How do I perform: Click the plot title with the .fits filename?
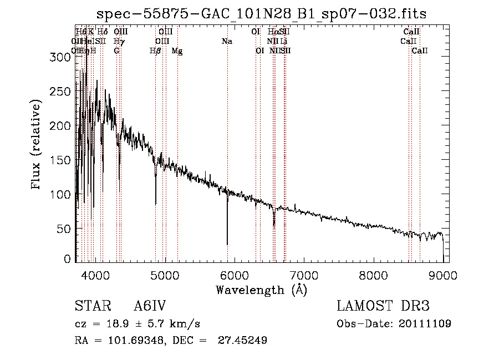[262, 14]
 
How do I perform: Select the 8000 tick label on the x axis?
[374, 276]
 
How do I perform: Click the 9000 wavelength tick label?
[443, 276]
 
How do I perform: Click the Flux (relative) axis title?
[37, 146]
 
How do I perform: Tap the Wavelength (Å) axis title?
[261, 290]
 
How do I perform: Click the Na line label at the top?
[227, 42]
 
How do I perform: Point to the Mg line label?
[177, 51]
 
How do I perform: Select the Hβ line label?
[156, 51]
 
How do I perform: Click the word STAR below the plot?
[92, 307]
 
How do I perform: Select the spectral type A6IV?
[150, 307]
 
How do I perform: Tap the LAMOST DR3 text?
[383, 307]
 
